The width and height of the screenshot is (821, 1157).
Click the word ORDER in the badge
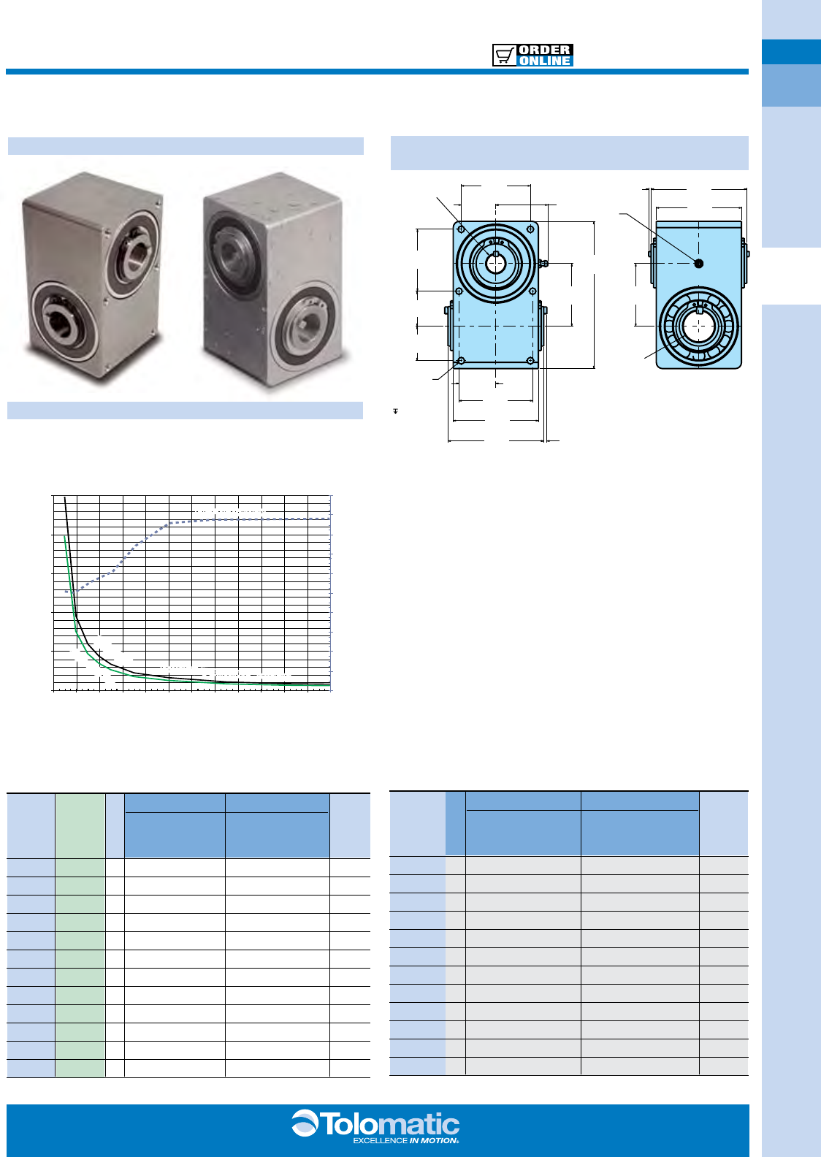point(545,50)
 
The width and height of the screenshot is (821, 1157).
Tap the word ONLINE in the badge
point(545,61)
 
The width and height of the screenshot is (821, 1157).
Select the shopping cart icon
point(504,56)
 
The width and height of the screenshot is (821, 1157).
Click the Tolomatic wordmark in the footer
point(390,1124)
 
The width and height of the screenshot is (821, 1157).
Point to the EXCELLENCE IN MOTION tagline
point(406,1140)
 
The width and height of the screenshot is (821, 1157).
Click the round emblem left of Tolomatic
point(305,1123)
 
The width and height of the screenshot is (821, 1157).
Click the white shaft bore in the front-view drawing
point(495,264)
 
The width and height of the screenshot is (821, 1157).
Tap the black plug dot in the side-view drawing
point(698,264)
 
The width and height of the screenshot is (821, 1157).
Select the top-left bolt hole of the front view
point(461,229)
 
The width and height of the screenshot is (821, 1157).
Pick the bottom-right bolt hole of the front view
point(530,361)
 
